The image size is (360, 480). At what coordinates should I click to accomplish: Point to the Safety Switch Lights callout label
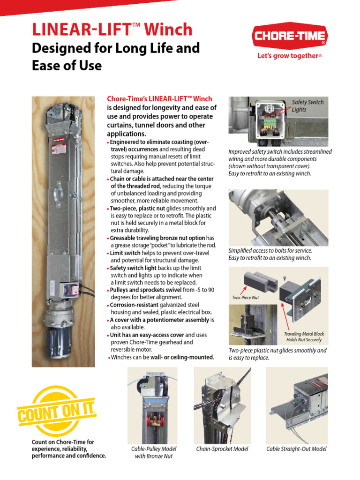click(307, 105)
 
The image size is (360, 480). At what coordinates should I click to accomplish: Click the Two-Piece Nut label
click(245, 297)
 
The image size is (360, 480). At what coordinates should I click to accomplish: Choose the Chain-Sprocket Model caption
click(222, 449)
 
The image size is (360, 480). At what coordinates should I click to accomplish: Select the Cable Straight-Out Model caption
click(296, 449)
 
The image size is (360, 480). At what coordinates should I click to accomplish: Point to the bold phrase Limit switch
click(125, 253)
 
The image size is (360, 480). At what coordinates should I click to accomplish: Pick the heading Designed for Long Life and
click(115, 48)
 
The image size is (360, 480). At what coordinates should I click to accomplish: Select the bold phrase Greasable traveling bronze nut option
click(157, 238)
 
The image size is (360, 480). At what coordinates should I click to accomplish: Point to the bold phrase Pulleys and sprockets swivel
click(146, 290)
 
